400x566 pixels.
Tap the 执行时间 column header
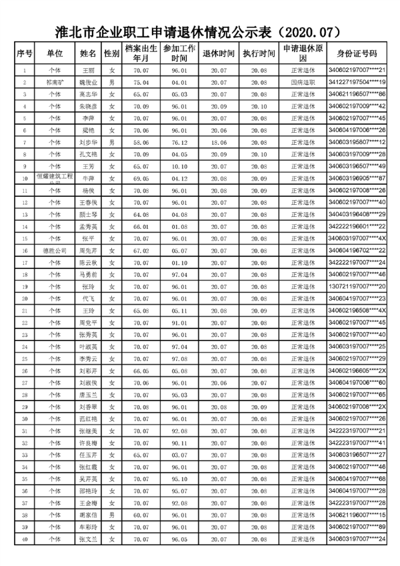(259, 53)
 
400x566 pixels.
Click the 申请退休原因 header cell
(303, 53)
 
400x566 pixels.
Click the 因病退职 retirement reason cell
(303, 82)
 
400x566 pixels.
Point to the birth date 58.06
(141, 142)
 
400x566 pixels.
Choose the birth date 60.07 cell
(141, 515)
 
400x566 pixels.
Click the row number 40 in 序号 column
(25, 539)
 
